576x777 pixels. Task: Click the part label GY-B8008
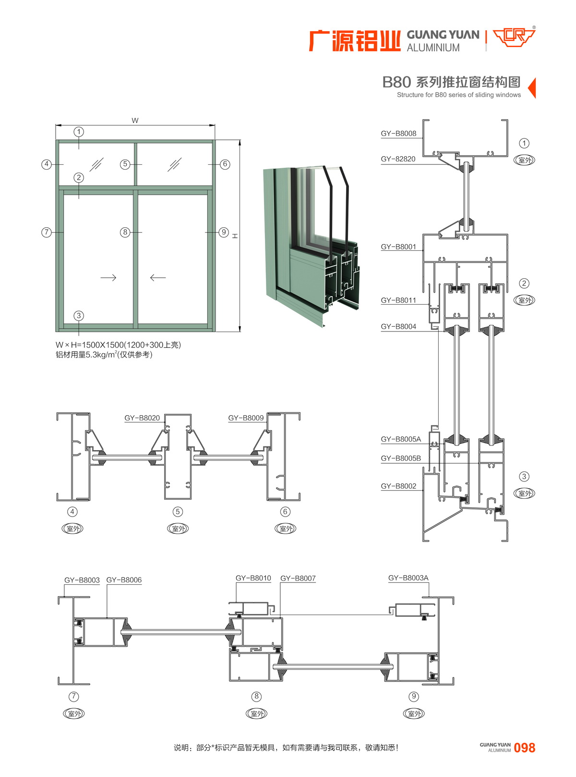pos(398,134)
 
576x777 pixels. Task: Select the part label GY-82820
pos(398,159)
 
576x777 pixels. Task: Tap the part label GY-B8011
pos(398,300)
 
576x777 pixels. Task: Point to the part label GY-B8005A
pos(401,439)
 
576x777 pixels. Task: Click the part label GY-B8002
pos(398,486)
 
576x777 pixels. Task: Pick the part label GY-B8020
pos(142,418)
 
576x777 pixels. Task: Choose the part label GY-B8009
pos(246,418)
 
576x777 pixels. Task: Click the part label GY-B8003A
pos(408,578)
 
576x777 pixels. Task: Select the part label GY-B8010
pos(253,578)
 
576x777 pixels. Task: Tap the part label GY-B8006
pos(124,580)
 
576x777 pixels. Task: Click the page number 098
pos(524,748)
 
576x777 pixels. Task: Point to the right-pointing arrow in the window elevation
pos(108,278)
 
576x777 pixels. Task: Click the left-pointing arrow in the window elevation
pos(157,278)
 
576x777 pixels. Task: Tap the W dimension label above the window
pos(135,121)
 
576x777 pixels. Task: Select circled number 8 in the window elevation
pos(125,232)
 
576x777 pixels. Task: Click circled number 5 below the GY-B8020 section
pos(178,512)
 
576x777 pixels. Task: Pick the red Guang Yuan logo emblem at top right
pos(514,37)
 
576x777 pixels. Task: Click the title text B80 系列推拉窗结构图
pos(451,82)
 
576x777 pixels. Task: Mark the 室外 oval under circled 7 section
pos(74,714)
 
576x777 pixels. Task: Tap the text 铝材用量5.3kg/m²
pos(104,355)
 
